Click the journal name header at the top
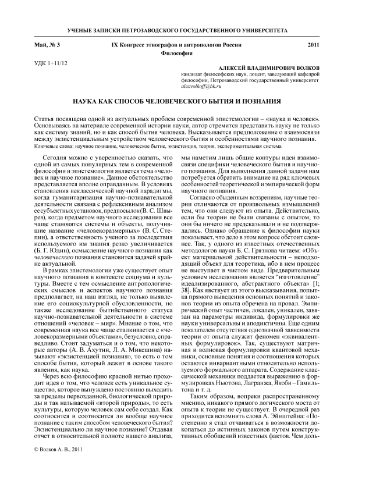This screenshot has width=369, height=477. [184, 30]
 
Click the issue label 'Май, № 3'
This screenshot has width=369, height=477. [44, 45]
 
